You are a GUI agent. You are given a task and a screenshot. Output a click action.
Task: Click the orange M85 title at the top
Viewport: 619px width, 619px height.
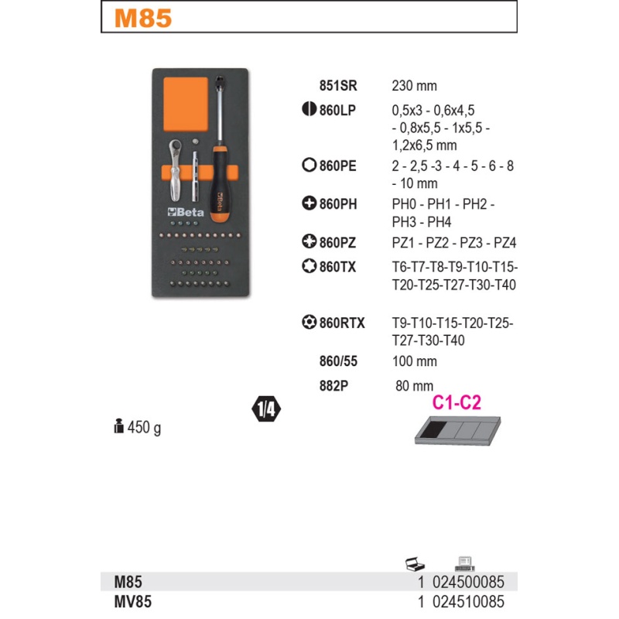pos(143,18)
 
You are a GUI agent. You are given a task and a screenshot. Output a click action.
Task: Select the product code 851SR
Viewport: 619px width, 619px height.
pos(338,86)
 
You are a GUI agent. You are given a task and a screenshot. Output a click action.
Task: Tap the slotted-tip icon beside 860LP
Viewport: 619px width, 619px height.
pos(309,108)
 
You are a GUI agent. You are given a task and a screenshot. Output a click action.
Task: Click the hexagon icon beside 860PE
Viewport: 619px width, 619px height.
pos(309,165)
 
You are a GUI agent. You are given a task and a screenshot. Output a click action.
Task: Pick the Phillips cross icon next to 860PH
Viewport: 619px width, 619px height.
pos(309,203)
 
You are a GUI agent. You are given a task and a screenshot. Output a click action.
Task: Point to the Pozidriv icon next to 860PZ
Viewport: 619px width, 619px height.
pos(309,241)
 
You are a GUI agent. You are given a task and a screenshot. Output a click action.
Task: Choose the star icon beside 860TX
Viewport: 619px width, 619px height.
pos(309,265)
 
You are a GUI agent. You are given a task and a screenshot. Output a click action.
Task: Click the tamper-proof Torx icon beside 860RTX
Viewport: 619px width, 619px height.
pos(309,322)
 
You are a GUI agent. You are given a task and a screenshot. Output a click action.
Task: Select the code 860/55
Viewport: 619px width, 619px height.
pos(338,361)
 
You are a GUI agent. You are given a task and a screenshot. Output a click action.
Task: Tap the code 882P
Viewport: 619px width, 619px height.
pos(334,385)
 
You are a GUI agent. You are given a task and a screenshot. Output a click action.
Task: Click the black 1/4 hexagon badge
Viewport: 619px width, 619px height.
pos(266,409)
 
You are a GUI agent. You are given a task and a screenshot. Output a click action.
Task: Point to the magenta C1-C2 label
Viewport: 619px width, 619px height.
pos(457,402)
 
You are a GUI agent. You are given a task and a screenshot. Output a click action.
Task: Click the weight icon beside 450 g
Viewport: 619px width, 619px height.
pos(118,426)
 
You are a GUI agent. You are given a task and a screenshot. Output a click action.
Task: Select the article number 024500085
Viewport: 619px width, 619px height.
pos(468,582)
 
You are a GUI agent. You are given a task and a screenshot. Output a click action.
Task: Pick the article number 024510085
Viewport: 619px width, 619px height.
pos(468,602)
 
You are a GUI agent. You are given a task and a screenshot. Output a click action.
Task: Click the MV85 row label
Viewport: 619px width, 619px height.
pos(132,602)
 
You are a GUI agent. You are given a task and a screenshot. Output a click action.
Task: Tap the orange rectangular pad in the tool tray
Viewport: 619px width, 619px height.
pos(186,104)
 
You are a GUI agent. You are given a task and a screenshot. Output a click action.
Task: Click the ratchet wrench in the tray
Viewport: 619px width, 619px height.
pos(175,170)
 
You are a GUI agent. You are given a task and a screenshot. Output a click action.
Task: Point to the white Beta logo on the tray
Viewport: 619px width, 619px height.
pos(186,212)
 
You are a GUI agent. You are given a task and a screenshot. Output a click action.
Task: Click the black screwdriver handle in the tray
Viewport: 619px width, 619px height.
pos(217,183)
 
